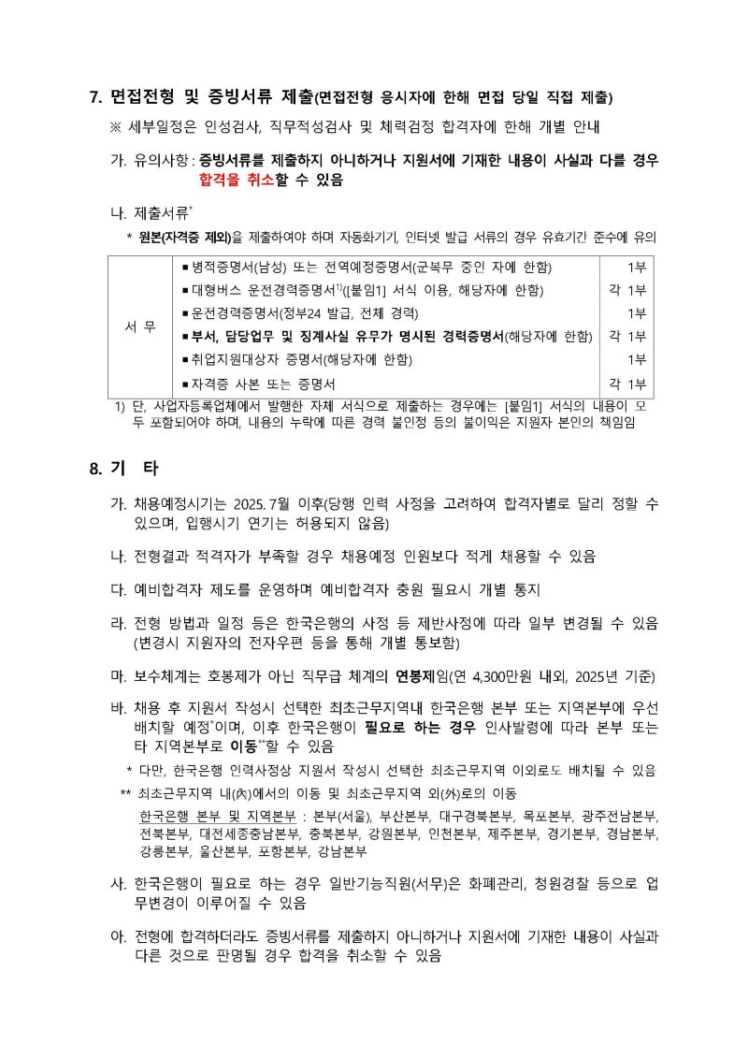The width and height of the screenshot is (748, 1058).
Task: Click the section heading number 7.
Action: coord(94,97)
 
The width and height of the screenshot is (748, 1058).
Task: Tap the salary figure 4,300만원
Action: coord(500,676)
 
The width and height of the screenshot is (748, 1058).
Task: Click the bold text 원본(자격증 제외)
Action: coord(182,237)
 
